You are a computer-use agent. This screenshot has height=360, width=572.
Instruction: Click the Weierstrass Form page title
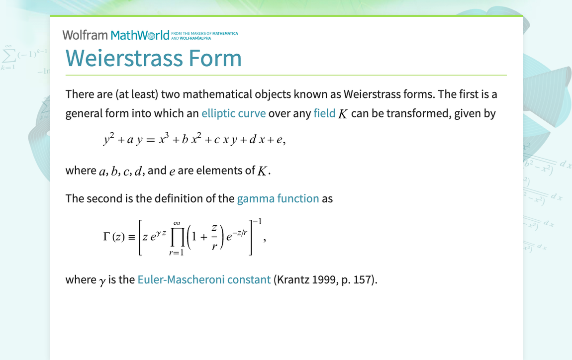[153, 58]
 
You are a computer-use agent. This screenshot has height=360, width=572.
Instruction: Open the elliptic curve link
[233, 113]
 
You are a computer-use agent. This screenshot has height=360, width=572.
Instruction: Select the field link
[324, 113]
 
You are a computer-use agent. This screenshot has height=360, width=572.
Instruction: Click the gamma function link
[278, 199]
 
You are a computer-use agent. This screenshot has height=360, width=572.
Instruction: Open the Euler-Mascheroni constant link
[204, 279]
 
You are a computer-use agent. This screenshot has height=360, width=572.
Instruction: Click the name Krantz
[292, 279]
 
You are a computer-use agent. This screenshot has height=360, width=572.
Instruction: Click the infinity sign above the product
[177, 224]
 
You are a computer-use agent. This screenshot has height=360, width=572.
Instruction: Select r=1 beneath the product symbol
[177, 253]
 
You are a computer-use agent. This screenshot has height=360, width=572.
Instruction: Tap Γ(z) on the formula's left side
[114, 237]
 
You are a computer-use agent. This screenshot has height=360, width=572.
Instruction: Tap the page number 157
[366, 279]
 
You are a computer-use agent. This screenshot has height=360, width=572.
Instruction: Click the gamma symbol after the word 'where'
[102, 281]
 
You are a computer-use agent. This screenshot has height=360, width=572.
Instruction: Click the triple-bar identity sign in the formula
[131, 238]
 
